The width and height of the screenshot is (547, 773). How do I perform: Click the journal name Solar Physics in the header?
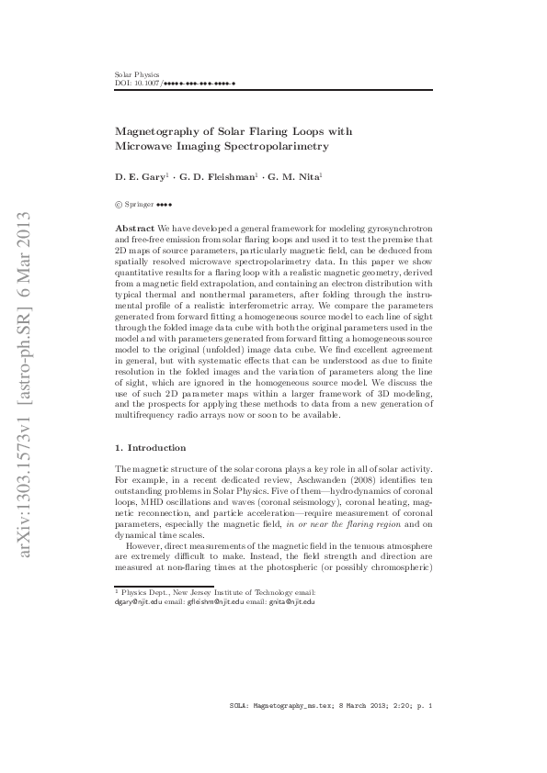[x=136, y=74]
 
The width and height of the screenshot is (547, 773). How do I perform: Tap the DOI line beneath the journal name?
[x=175, y=83]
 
